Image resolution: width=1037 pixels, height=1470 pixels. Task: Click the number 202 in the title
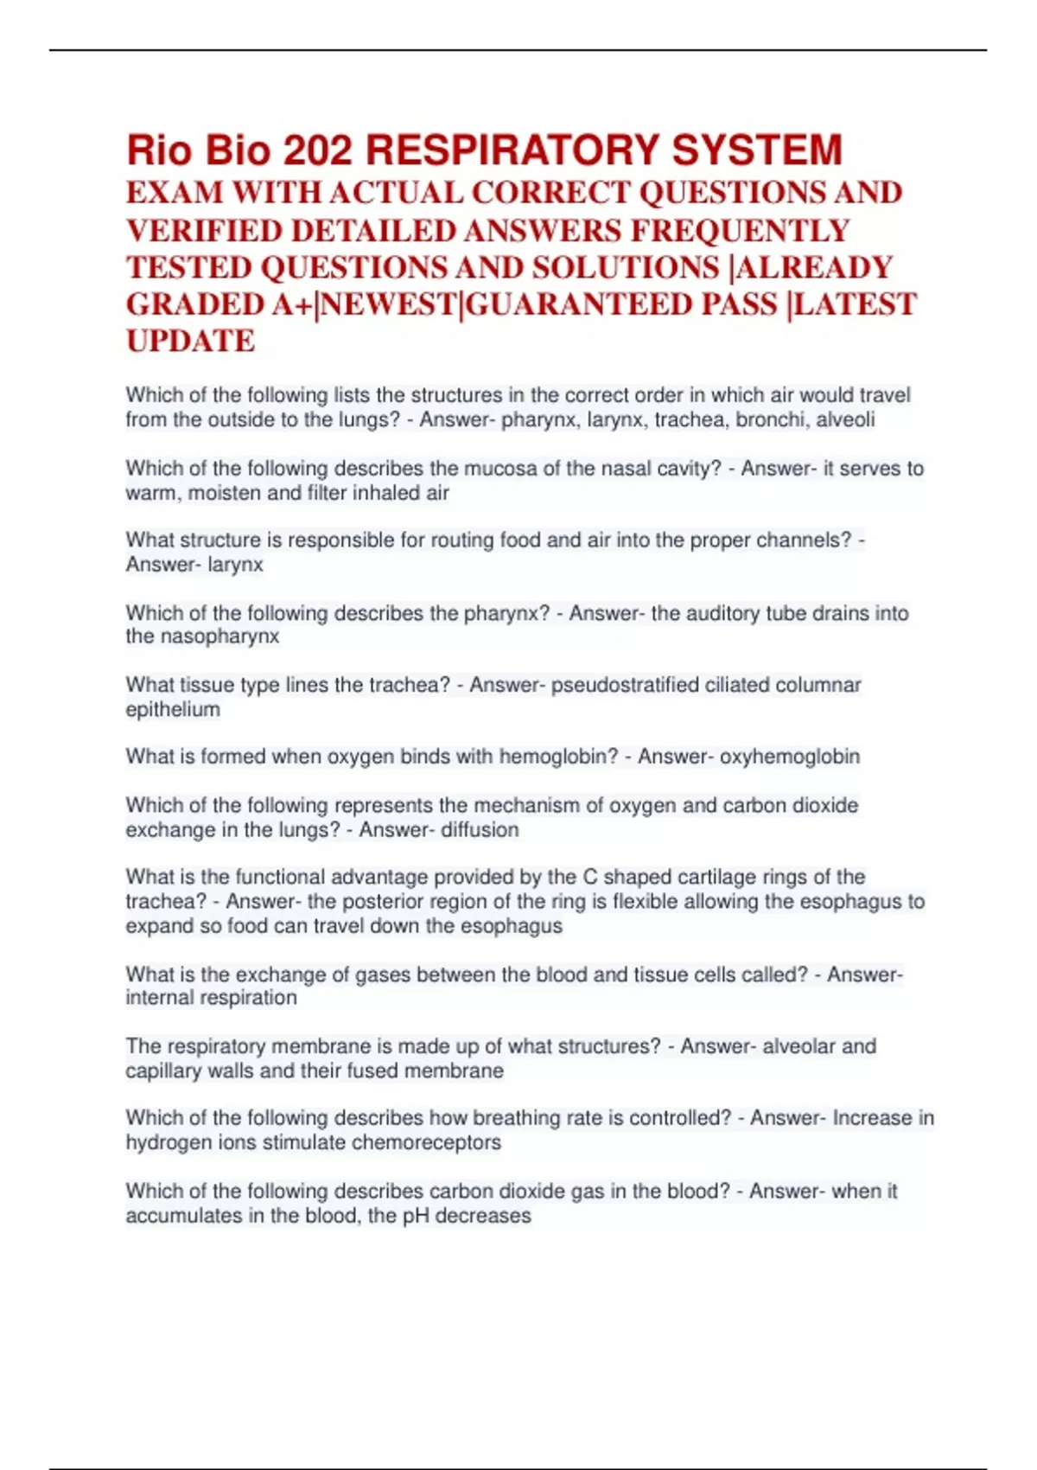point(317,150)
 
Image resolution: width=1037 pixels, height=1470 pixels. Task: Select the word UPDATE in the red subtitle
point(190,341)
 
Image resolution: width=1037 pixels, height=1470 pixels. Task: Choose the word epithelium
point(173,710)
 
